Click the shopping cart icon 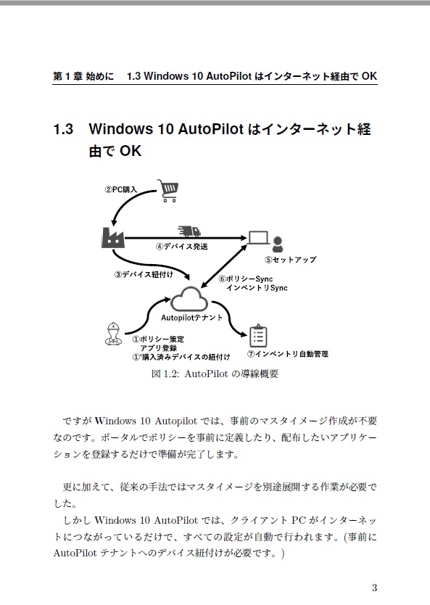click(x=169, y=191)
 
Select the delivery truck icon click(x=189, y=231)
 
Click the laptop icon click(x=258, y=237)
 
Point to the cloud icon click(x=189, y=298)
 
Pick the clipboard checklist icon click(x=258, y=335)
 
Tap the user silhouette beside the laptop click(x=278, y=244)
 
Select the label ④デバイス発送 click(x=182, y=247)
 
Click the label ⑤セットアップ click(x=290, y=260)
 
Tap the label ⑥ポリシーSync click(x=245, y=279)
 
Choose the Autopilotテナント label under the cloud click(x=191, y=318)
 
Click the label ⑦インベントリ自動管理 click(x=287, y=354)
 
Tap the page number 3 click(x=373, y=587)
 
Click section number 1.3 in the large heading click(x=64, y=130)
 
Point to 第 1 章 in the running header click(x=69, y=76)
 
